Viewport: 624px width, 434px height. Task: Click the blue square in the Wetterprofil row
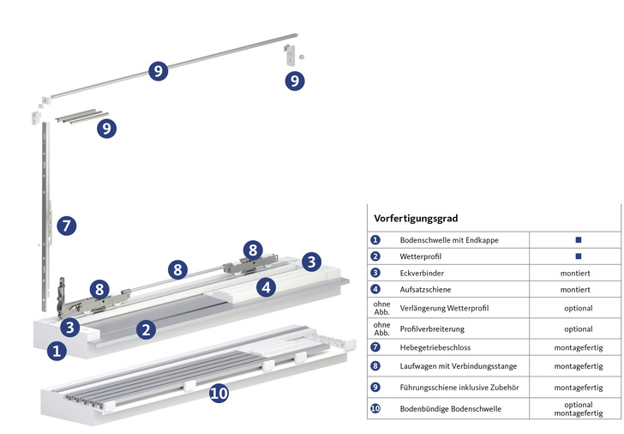pyautogui.click(x=579, y=256)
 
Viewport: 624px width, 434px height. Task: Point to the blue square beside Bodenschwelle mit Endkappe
pyautogui.click(x=579, y=240)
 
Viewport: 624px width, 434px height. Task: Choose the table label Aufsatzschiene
pyautogui.click(x=426, y=290)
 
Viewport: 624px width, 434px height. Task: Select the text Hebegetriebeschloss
pyautogui.click(x=436, y=348)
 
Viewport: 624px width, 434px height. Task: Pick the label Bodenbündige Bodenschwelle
pyautogui.click(x=451, y=409)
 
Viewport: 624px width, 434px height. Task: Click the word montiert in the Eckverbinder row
pyautogui.click(x=578, y=273)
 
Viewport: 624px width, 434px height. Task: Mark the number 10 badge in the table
pyautogui.click(x=375, y=409)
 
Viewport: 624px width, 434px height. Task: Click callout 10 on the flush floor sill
pyautogui.click(x=219, y=394)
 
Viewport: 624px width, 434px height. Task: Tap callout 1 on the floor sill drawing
pyautogui.click(x=56, y=350)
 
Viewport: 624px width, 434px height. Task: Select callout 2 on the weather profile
pyautogui.click(x=147, y=329)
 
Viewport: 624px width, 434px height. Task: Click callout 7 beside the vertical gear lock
pyautogui.click(x=67, y=226)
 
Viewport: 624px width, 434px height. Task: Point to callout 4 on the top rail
pyautogui.click(x=267, y=287)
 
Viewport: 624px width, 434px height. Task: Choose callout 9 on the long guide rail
pyautogui.click(x=157, y=70)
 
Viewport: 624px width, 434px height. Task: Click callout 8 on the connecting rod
pyautogui.click(x=177, y=270)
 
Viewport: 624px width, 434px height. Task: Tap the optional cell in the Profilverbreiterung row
pyautogui.click(x=578, y=329)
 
